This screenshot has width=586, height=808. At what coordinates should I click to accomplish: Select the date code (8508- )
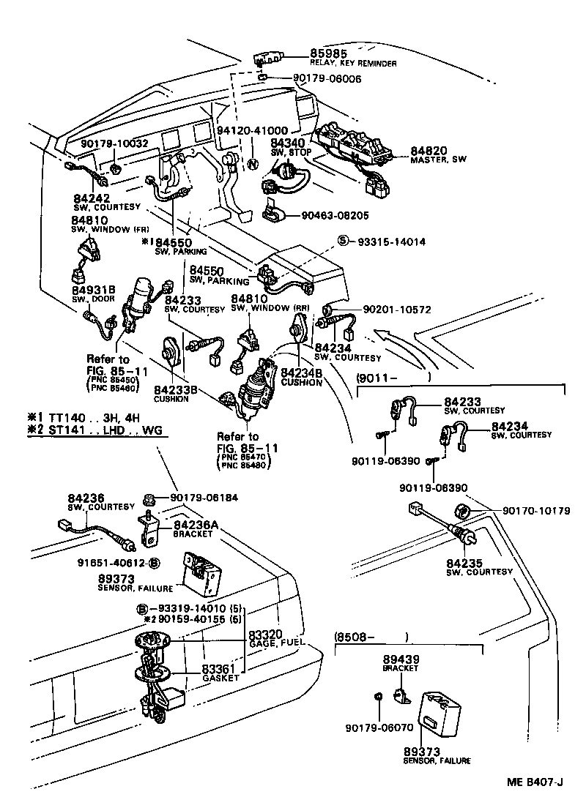[x=371, y=636]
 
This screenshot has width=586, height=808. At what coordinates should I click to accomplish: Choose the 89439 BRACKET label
[x=400, y=662]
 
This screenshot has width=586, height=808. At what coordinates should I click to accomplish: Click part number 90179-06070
[x=378, y=728]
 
